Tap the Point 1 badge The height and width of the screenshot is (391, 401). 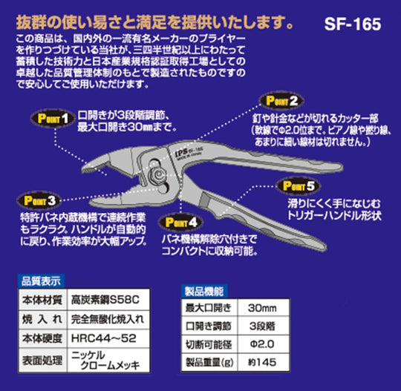pos(50,117)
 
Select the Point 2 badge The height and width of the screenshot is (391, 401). pos(278,101)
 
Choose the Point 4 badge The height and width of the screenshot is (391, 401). pos(180,221)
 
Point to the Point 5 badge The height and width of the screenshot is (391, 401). pos(300,187)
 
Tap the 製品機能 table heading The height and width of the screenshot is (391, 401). pos(203,291)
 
